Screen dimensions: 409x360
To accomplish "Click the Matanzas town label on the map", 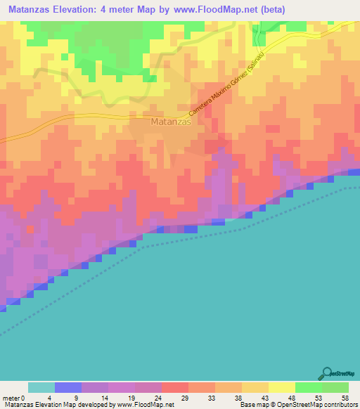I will click(x=172, y=122).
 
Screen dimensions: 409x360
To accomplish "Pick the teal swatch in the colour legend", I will click(x=41, y=387).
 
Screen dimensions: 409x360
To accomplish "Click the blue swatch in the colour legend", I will click(x=68, y=387).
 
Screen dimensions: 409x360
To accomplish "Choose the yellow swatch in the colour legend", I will click(x=282, y=387).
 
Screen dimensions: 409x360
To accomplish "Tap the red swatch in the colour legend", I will click(x=175, y=387).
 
